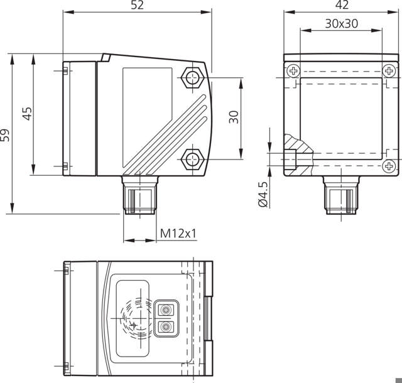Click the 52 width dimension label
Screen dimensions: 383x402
pos(138,6)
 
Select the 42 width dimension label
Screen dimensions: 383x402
pos(342,6)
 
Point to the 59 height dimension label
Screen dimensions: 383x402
pos(6,135)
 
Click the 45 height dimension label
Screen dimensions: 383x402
pos(27,114)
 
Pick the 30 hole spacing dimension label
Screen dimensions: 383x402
pos(234,117)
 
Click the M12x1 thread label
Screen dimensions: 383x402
pos(178,234)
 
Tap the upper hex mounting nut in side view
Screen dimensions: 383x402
pos(192,78)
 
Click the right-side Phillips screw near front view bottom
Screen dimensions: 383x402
pos(389,166)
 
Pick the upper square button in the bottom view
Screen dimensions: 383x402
pos(166,310)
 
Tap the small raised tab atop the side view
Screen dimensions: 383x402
pos(105,58)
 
